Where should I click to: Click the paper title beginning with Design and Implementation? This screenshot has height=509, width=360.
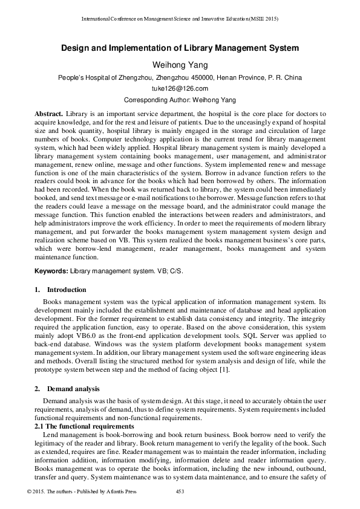(x=180, y=47)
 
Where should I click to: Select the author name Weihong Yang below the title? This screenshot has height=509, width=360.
(x=180, y=65)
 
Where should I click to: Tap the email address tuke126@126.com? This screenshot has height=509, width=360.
(x=180, y=89)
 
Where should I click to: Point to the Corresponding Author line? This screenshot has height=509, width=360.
(x=180, y=100)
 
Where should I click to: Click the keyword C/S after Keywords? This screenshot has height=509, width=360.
(x=175, y=271)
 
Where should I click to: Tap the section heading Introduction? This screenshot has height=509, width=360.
(x=67, y=290)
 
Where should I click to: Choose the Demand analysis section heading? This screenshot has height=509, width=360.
(x=74, y=387)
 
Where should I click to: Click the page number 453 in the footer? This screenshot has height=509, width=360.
(x=180, y=491)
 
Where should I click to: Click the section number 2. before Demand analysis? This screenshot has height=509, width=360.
(x=37, y=387)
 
